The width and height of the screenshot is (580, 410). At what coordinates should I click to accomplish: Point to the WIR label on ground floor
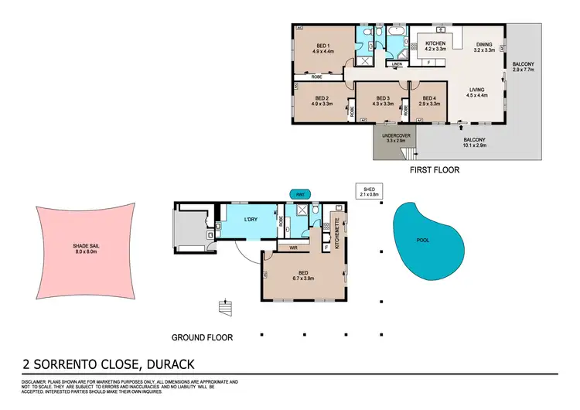[x=294, y=248]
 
